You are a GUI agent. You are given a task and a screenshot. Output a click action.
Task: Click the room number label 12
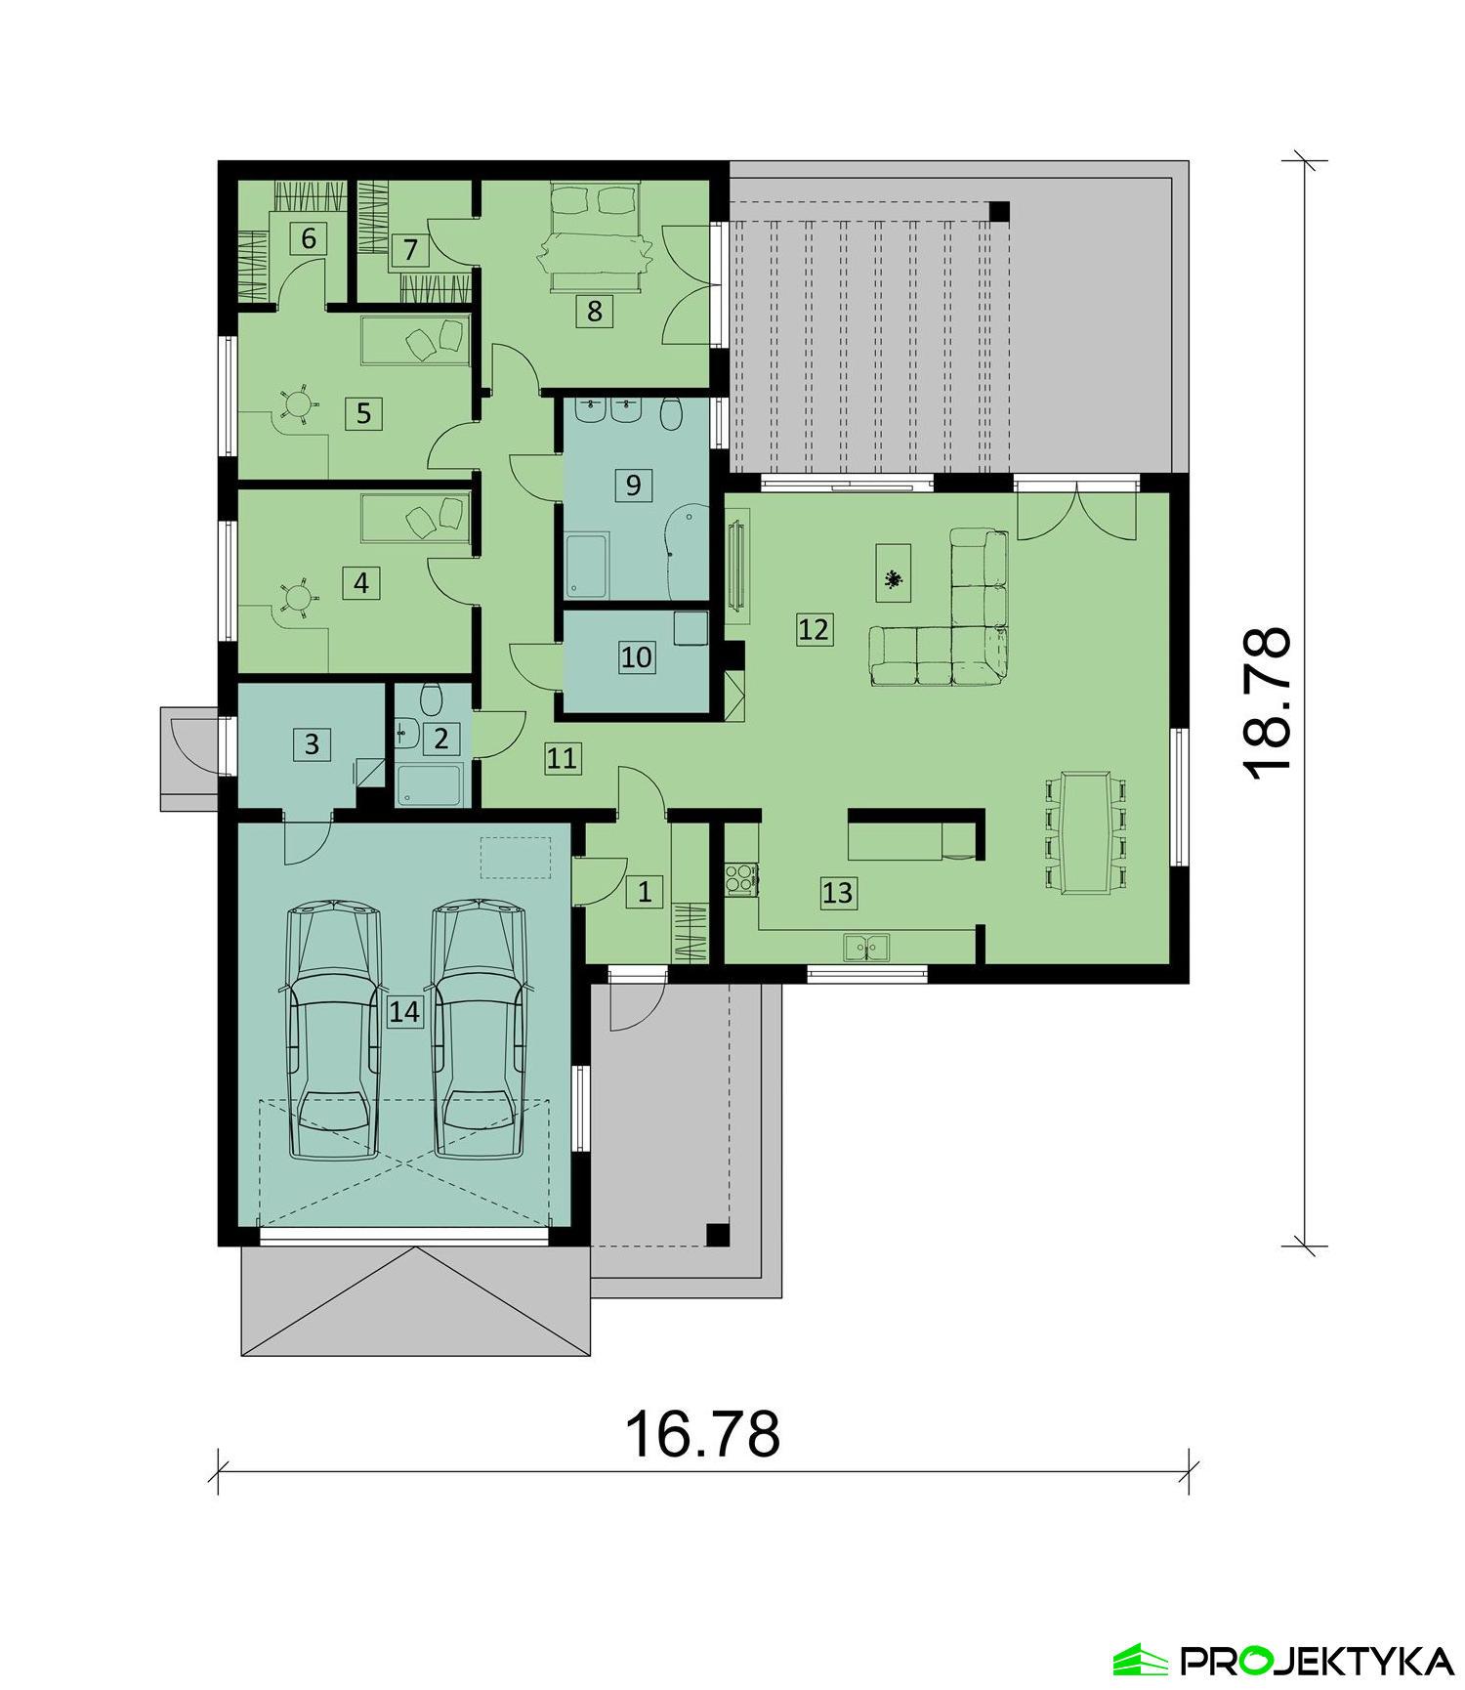pyautogui.click(x=814, y=629)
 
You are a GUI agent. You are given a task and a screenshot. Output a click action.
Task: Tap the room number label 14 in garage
pyautogui.click(x=403, y=1011)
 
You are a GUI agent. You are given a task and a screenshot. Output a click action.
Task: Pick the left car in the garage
pyautogui.click(x=333, y=1031)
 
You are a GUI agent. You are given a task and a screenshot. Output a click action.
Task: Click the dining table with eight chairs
pyautogui.click(x=1086, y=832)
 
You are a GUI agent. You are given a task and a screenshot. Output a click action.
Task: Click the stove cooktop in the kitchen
pyautogui.click(x=739, y=878)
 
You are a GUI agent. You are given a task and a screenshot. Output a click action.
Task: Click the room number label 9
pyautogui.click(x=633, y=485)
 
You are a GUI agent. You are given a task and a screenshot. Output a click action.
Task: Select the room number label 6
pyautogui.click(x=309, y=238)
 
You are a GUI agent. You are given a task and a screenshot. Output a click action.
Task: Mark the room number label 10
pyautogui.click(x=636, y=657)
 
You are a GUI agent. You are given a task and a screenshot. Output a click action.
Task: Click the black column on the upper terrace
pyautogui.click(x=999, y=210)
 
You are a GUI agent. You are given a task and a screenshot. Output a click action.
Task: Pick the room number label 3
pyautogui.click(x=312, y=744)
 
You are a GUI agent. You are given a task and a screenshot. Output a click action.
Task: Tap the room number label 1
pyautogui.click(x=644, y=890)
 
